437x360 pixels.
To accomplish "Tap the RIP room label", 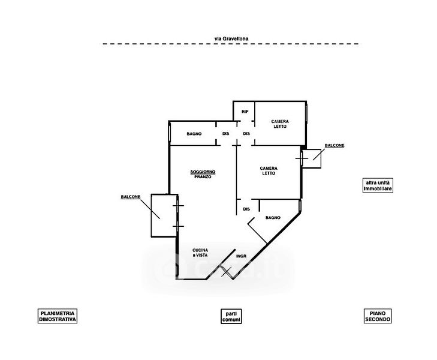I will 245,112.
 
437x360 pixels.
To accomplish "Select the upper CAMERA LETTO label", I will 279,124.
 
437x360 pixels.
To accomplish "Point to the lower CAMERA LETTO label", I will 268,170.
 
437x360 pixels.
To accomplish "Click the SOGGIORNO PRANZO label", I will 203,175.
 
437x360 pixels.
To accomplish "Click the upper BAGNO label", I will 193,133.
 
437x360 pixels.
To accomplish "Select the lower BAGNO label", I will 273,218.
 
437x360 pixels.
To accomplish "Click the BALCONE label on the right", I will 334,146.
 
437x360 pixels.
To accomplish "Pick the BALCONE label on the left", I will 131,197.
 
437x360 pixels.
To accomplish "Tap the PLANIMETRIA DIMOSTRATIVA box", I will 58,316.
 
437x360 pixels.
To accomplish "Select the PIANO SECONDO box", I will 378,316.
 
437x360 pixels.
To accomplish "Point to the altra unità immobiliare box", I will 378,186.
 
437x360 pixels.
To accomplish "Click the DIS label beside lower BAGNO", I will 246,209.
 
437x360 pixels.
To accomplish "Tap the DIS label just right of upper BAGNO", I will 226,133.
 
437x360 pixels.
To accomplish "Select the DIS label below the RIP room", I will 246,133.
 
